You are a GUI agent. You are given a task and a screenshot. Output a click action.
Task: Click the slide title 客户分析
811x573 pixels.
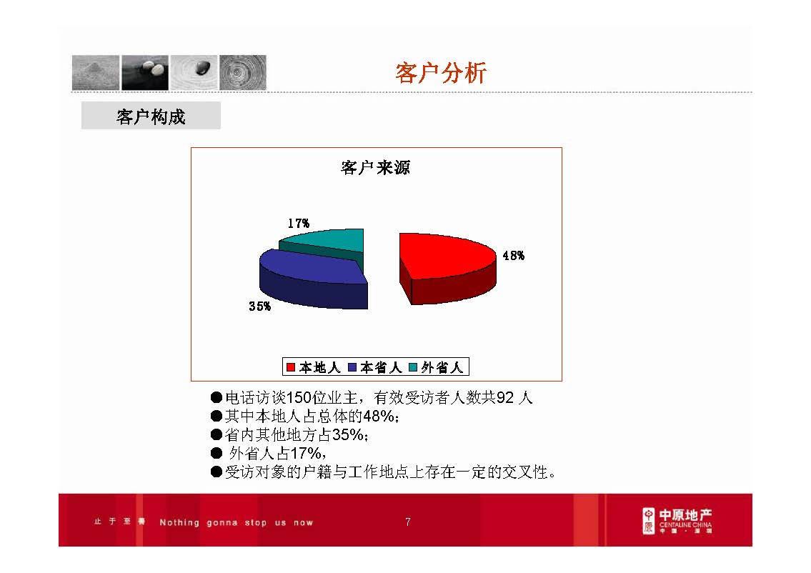point(441,73)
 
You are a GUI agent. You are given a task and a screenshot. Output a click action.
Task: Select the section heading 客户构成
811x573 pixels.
point(151,116)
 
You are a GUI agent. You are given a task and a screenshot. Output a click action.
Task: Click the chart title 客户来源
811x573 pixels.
point(375,168)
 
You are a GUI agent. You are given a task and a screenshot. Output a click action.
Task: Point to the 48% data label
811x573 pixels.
point(513,256)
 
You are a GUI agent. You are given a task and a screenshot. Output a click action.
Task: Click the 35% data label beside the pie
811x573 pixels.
point(259,307)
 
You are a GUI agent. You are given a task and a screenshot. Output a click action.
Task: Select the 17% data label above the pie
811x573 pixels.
point(298,223)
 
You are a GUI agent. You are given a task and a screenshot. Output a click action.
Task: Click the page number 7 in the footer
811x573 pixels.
point(407,522)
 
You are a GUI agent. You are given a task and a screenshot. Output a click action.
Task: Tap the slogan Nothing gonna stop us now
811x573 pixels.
point(236,522)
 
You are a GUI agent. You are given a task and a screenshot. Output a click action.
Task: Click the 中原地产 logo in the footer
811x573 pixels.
point(677,521)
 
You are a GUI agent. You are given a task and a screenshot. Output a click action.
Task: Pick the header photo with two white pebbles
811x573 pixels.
point(145,72)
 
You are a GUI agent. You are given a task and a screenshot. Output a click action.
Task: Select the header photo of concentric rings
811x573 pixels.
point(242,72)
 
